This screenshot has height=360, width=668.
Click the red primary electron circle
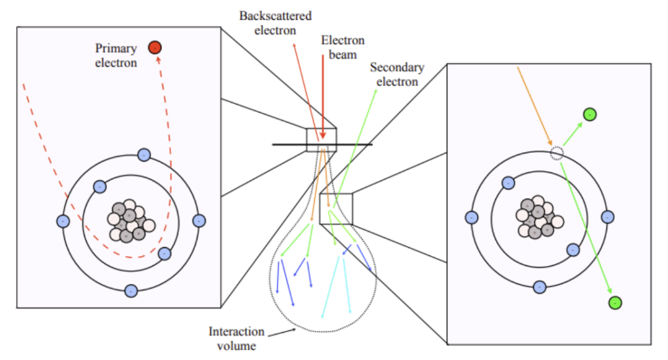tap(155, 47)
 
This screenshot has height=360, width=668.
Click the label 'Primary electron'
tap(116, 55)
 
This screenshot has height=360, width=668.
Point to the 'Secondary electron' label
tap(396, 74)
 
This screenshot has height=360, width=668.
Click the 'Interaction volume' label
tap(237, 338)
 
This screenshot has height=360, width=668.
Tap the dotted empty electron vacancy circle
tap(557, 153)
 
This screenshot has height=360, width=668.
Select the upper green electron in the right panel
tap(589, 114)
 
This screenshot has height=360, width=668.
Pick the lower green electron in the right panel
tap(615, 302)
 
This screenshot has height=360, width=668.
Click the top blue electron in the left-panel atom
tap(144, 155)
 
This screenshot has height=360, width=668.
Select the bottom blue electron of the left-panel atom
tap(131, 290)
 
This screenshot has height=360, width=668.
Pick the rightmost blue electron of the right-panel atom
tap(607, 217)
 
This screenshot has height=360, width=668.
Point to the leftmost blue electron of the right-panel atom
tap(471, 217)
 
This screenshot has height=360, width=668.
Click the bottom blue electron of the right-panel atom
tap(539, 287)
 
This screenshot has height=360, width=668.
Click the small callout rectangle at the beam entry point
tap(322, 139)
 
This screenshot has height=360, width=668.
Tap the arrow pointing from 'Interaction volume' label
tap(282, 333)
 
